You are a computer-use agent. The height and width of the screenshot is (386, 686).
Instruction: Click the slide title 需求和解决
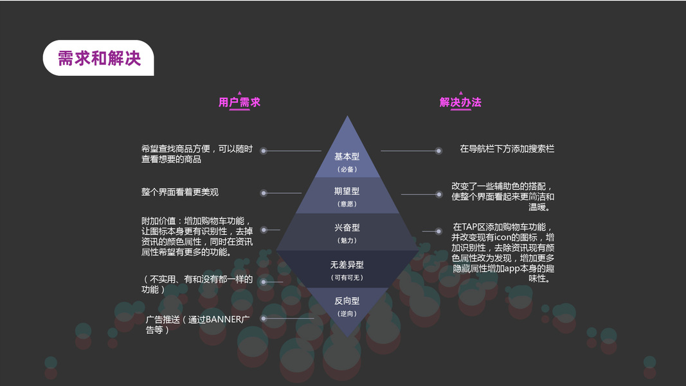pos(98,59)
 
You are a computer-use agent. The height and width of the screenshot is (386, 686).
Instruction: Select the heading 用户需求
pos(239,102)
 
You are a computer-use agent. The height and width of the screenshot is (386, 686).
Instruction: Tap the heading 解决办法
pos(460,102)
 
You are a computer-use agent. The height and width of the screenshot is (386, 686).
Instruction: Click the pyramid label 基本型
pos(347,156)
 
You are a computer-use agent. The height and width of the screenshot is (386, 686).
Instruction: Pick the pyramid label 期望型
pos(347,191)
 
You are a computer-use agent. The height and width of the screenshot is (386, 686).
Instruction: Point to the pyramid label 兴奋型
pos(347,228)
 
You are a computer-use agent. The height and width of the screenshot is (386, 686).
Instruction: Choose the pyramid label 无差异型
pos(347,264)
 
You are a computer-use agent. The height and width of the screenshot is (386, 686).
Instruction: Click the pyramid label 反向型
pos(347,300)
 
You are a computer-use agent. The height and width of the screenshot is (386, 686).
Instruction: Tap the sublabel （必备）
pos(347,169)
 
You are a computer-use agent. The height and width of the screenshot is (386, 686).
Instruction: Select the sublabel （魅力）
pos(347,240)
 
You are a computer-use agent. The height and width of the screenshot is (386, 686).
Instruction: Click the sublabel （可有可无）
pos(347,277)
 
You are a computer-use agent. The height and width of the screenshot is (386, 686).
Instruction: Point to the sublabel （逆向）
pos(347,313)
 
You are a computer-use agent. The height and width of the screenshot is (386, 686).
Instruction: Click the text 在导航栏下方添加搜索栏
pos(507,149)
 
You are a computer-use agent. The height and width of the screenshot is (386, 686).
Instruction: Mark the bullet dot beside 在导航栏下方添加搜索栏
pos(438,151)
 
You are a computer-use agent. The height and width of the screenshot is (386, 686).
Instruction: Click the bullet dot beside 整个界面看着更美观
pos(264,193)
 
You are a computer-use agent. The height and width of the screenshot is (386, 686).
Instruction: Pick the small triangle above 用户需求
pos(239,93)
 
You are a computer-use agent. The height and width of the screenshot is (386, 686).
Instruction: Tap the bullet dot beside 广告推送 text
pos(264,318)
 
